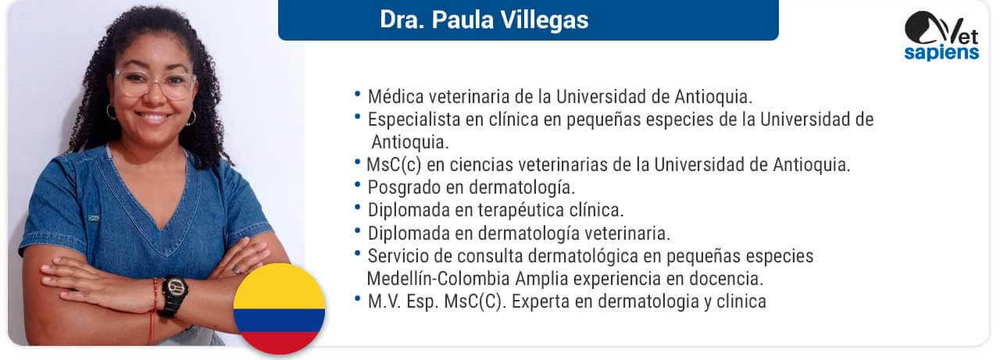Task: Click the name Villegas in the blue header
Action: coord(545,20)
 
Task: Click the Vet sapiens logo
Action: coord(941,36)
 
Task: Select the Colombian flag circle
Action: coord(280,308)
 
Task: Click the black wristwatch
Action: coord(174,295)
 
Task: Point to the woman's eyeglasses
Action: coord(155,83)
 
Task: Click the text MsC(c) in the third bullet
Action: coord(394,165)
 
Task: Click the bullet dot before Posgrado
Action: coord(357,184)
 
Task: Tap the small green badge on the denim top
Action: coord(94,218)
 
